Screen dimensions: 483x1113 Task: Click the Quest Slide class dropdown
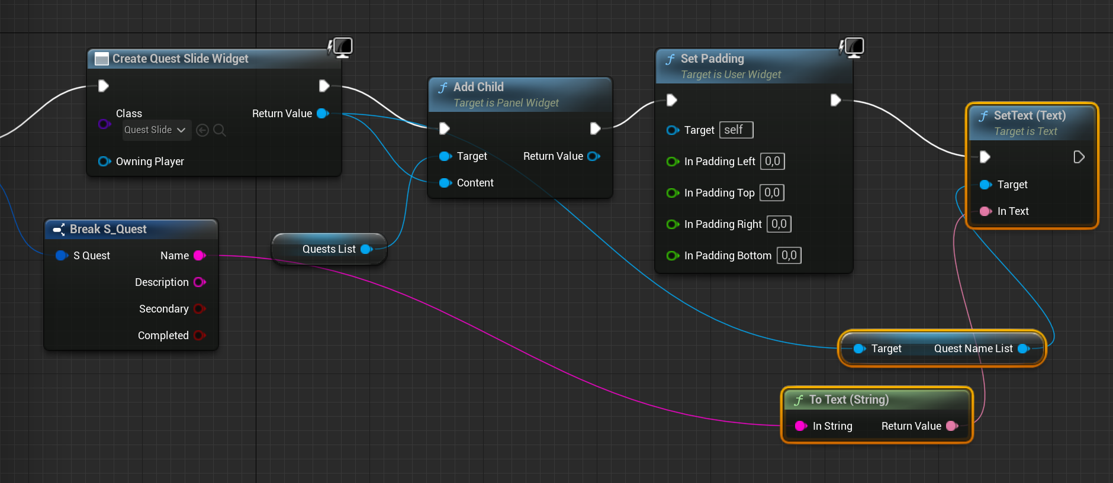tap(156, 130)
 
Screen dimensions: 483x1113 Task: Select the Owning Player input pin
tap(104, 162)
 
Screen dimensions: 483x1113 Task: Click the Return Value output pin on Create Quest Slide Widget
tap(323, 114)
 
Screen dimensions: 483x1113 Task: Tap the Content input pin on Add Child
tap(445, 183)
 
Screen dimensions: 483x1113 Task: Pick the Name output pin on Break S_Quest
tap(200, 256)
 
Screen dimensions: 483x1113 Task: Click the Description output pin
tap(200, 282)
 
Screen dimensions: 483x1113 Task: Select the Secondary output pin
tap(200, 309)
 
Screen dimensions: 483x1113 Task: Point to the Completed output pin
tap(200, 336)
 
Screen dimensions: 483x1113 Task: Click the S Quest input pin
tap(62, 256)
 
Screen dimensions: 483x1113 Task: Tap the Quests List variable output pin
tap(366, 249)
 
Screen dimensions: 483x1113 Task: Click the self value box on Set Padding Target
tap(736, 130)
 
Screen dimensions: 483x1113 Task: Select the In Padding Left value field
tap(773, 162)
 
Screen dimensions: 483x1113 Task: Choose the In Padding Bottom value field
tap(789, 256)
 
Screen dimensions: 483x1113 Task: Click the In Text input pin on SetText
tap(986, 211)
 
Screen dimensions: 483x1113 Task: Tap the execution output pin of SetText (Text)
tap(1079, 157)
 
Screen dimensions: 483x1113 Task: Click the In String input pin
tap(801, 426)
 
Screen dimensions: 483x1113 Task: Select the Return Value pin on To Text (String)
tap(952, 426)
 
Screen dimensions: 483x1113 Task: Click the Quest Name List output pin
tap(1023, 349)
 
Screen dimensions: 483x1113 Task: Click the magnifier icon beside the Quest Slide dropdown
tap(220, 130)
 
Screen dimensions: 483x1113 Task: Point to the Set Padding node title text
tap(712, 59)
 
